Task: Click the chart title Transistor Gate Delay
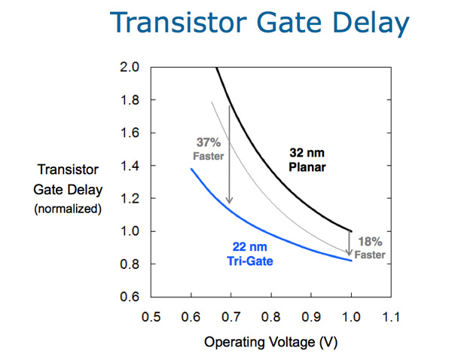259,23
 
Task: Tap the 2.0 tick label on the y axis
130,67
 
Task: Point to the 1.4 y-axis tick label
130,166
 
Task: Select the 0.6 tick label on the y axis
130,297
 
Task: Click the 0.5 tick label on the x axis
151,317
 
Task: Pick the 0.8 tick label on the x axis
271,317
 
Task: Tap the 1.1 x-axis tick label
391,317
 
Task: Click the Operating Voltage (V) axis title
270,343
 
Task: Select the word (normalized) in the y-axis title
68,209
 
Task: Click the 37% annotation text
209,142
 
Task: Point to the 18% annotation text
370,242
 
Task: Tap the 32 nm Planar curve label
307,160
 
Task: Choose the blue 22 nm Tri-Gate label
250,254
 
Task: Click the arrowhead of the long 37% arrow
229,201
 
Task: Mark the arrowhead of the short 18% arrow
349,253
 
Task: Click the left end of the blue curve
191,169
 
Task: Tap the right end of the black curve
351,231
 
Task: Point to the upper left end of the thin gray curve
212,102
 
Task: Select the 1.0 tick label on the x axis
351,317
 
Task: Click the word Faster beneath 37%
209,156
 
